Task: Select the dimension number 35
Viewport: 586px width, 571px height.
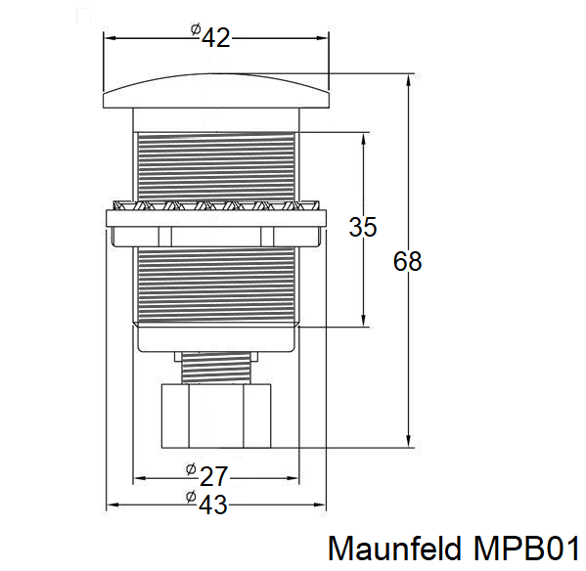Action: click(363, 227)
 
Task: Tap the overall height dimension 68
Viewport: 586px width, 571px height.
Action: click(407, 262)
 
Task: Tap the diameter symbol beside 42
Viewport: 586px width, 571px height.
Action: click(196, 30)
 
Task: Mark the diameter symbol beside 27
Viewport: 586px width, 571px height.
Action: click(191, 469)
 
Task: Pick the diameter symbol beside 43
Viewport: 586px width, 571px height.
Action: click(191, 498)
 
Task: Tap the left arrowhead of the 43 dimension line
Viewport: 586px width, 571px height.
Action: click(110, 505)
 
